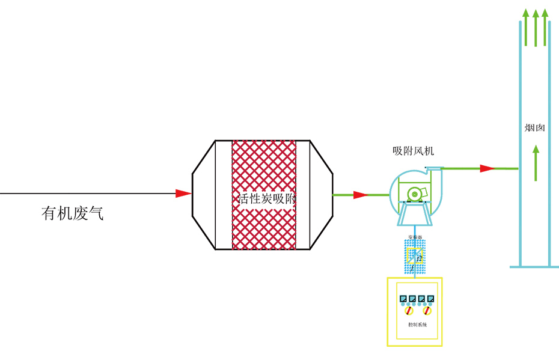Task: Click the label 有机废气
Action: (x=72, y=213)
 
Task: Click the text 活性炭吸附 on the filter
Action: (x=265, y=199)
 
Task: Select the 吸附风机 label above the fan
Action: (x=409, y=151)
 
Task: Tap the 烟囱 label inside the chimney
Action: (x=534, y=128)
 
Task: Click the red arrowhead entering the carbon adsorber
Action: (x=183, y=194)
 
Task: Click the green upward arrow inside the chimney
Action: (x=536, y=162)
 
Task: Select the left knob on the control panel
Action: (x=409, y=311)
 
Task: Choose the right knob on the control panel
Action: (x=427, y=311)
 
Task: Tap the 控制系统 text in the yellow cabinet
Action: (x=417, y=325)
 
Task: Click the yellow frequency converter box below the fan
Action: (x=414, y=258)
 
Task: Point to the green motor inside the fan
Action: (x=415, y=194)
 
